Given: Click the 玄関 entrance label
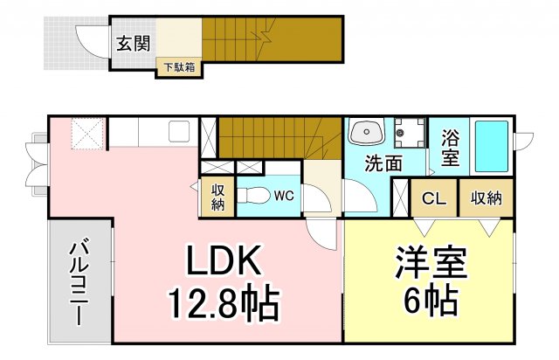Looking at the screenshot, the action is coord(134,44).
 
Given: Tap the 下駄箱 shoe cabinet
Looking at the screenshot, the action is coord(179,68).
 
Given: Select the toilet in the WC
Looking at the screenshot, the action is coord(254,196).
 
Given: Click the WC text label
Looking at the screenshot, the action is coord(284,196).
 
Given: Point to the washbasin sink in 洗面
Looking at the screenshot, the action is coord(367,132).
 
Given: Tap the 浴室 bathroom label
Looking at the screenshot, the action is coord(450,148).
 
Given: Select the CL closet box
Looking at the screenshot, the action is coord(434,197).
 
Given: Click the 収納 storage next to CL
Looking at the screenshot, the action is coord(487,197).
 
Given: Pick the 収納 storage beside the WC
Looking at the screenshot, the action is coord(217,197).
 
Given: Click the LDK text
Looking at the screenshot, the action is coord(223,260).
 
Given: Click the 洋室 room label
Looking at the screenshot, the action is coord(431,262).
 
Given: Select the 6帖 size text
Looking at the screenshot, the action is coord(431,300).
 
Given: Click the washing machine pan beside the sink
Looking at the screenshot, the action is coord(410,133).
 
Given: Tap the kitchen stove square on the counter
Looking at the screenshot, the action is coord(179,131).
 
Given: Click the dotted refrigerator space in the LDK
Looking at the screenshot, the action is coord(87,134).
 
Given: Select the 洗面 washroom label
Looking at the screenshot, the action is coord(383,163).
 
